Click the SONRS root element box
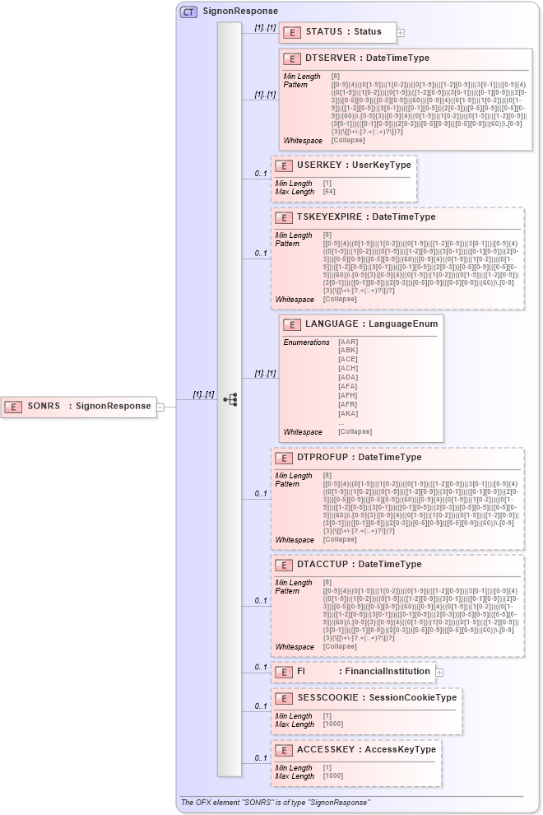[79, 406]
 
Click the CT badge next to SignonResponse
[188, 12]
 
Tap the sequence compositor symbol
[230, 399]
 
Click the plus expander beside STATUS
[401, 33]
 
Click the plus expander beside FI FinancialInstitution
[440, 672]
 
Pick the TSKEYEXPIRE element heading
[366, 217]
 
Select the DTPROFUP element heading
[359, 458]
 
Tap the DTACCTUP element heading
[359, 565]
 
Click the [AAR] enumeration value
[348, 342]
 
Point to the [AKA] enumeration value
[348, 413]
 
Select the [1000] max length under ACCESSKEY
[334, 776]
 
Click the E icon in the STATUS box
[291, 32]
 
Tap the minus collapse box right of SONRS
[161, 407]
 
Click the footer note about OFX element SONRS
[276, 802]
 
